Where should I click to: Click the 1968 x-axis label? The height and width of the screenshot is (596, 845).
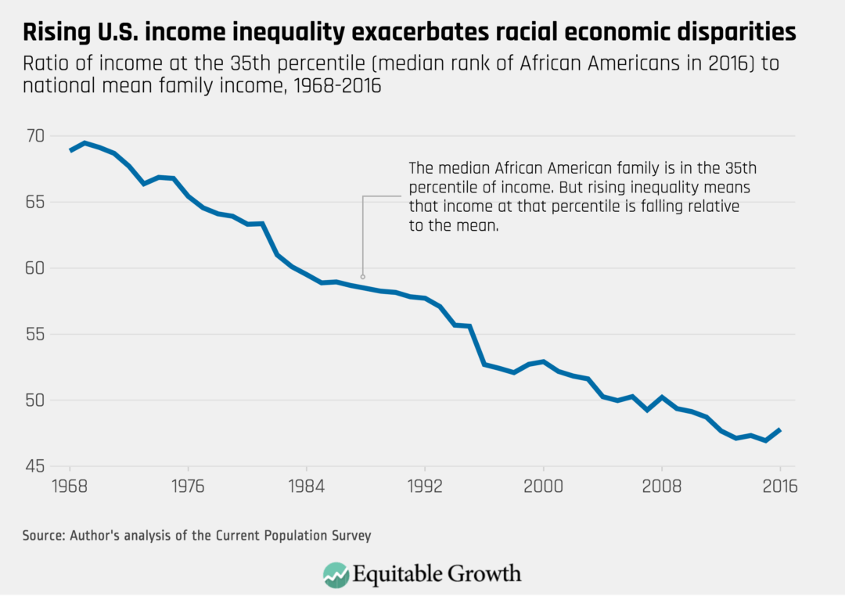point(70,486)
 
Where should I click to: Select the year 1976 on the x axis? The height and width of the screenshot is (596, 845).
point(188,486)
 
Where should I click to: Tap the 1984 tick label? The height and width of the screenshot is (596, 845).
point(306,486)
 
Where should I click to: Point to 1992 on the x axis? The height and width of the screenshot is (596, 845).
point(425,486)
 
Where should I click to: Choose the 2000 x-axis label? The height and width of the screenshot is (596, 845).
point(543,486)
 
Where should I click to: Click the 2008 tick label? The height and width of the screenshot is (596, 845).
point(662,486)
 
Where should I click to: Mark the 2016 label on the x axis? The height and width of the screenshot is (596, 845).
point(779,486)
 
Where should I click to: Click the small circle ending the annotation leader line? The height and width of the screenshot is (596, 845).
point(362,276)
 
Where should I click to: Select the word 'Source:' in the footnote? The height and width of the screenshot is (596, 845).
point(44,536)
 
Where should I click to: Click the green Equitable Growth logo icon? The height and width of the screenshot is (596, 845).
point(336,573)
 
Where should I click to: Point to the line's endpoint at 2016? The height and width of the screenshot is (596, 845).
point(780,429)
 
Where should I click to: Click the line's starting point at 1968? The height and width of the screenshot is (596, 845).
point(70,150)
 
